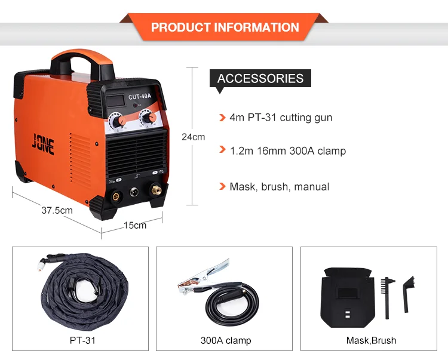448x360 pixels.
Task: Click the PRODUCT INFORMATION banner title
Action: coord(225,27)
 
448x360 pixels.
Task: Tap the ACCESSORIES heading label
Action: coord(260,78)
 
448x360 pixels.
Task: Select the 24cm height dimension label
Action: coord(193,137)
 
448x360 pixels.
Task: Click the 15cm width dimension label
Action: coord(134,225)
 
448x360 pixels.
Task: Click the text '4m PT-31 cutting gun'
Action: coord(281,118)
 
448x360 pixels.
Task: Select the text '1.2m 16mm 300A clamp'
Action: coord(287,150)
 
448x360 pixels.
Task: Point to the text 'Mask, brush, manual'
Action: coord(279,187)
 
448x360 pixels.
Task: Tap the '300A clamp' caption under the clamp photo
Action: coord(226,341)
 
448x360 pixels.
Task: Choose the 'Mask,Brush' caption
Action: coord(371,341)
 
